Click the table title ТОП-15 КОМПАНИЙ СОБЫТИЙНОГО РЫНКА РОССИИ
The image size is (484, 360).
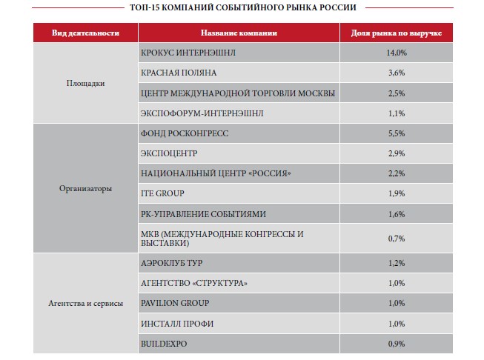click(243, 7)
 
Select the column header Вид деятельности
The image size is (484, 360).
click(85, 33)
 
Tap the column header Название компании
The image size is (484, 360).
click(239, 33)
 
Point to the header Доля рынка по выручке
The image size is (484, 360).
click(397, 33)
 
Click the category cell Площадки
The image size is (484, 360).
click(85, 83)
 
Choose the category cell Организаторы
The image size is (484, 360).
click(85, 188)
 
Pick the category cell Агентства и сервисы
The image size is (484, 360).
click(85, 303)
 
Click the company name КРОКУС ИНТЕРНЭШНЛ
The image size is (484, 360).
click(188, 53)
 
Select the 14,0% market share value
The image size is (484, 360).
click(397, 53)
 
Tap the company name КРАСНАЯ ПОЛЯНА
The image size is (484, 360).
click(179, 73)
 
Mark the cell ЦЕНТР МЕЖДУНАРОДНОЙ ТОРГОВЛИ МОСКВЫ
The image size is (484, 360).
click(238, 93)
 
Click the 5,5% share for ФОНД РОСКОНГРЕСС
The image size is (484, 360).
click(397, 133)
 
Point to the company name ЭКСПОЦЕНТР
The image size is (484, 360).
click(169, 153)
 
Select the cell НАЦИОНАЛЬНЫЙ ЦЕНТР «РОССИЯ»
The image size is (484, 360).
click(216, 173)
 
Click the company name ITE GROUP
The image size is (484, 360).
click(162, 193)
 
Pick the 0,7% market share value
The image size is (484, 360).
click(397, 239)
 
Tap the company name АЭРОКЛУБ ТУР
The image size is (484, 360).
click(172, 263)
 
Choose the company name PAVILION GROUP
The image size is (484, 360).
click(175, 303)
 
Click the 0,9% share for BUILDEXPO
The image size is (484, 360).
click(397, 344)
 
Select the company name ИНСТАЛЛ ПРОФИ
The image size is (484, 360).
click(177, 324)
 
